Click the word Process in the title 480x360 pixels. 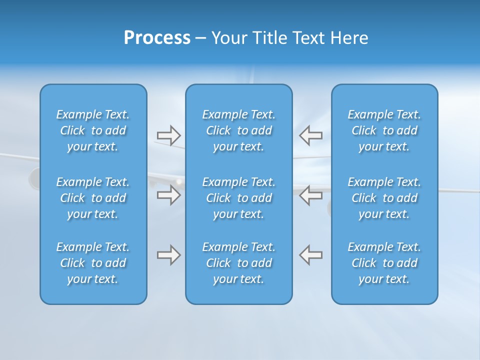157,38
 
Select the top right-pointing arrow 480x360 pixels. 169,135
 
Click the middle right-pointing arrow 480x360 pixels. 169,195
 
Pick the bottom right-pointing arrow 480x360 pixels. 169,255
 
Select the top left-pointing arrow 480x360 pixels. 311,135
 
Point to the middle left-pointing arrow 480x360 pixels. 311,195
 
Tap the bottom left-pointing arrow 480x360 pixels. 311,255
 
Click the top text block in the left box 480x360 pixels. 93,130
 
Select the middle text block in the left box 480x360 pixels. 93,198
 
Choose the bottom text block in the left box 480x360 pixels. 93,263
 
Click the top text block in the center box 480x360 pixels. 239,130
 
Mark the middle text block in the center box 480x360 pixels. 239,198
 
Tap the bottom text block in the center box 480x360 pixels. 239,263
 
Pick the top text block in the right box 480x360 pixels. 384,130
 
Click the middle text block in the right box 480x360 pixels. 384,198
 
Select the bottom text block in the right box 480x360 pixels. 384,263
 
